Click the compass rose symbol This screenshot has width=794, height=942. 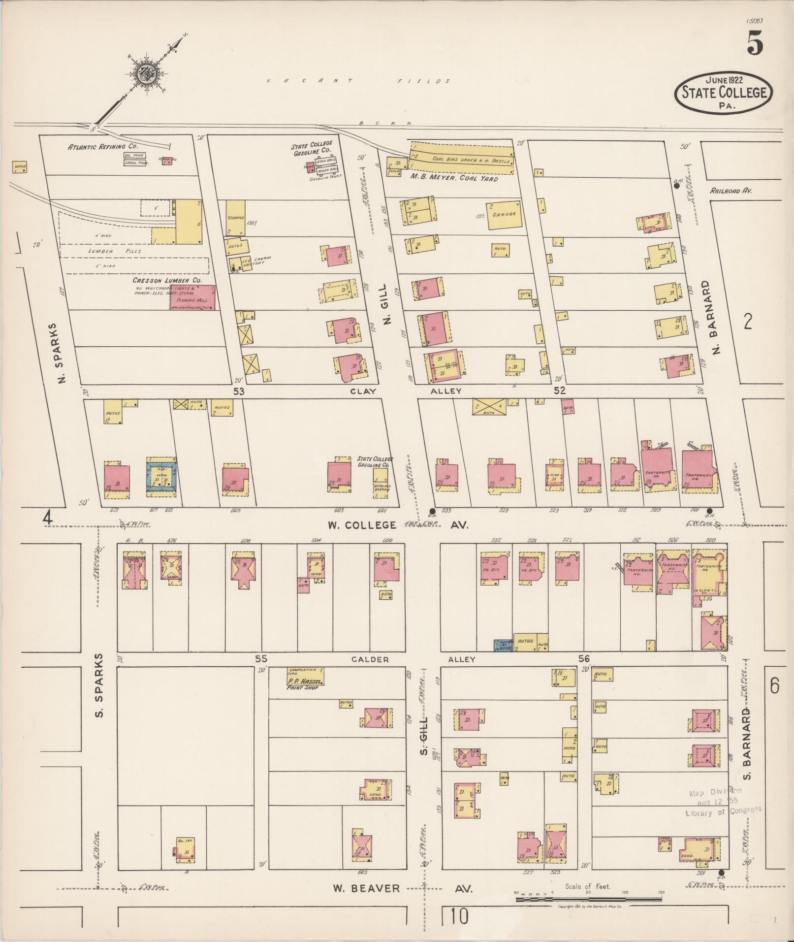[x=147, y=75]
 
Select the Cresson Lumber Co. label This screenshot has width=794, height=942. [x=167, y=280]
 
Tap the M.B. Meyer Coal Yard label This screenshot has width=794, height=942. [x=453, y=179]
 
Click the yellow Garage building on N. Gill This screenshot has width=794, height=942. [x=504, y=215]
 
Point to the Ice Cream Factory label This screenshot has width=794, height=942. [x=255, y=260]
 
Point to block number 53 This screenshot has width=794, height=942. [x=239, y=391]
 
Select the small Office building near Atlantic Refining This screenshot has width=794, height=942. [x=20, y=167]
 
